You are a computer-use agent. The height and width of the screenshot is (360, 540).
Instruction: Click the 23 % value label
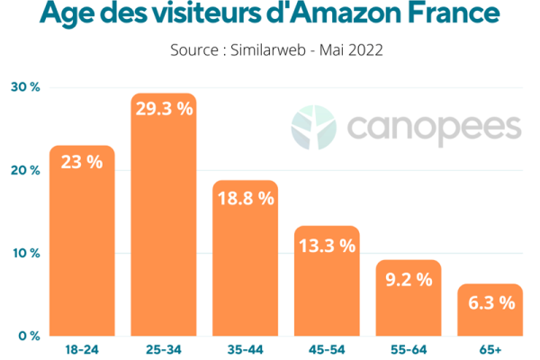(82, 163)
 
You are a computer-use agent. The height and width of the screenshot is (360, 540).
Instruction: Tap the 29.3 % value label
(164, 108)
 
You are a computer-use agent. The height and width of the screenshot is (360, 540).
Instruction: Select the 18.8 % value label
(245, 198)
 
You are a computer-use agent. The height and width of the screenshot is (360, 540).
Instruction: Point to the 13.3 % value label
(327, 245)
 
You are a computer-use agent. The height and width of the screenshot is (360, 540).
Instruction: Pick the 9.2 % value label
(408, 279)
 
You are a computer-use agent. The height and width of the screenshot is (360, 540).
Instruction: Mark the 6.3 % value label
(490, 302)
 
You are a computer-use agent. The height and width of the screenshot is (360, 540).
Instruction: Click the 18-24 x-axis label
(82, 346)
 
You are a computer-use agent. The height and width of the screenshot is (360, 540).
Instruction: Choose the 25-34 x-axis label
(164, 346)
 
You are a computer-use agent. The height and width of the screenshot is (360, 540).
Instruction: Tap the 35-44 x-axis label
(245, 346)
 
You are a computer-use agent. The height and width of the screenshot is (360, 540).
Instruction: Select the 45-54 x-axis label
(327, 346)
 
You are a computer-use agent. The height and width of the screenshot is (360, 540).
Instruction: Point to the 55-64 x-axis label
(408, 346)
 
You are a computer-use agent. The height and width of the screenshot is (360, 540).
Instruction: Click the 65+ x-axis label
(490, 346)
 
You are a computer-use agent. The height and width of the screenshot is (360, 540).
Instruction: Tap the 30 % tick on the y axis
(24, 87)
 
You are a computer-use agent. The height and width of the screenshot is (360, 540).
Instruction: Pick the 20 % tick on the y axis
(24, 170)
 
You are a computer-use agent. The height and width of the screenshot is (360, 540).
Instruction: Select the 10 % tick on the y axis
(24, 253)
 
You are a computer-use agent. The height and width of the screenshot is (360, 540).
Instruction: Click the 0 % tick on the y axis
(28, 336)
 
